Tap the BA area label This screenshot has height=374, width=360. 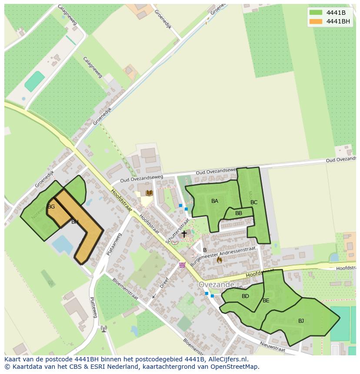[215, 201]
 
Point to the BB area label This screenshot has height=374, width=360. [239, 213]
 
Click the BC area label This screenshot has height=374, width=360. [254, 202]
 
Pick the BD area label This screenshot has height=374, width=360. [245, 296]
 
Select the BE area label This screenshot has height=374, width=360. [266, 301]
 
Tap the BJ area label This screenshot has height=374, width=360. [301, 321]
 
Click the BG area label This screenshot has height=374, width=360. [51, 207]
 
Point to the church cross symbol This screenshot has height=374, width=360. [184, 234]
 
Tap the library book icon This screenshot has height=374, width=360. [149, 193]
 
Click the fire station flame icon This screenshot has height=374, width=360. [219, 260]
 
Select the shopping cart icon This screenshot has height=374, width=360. [182, 265]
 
